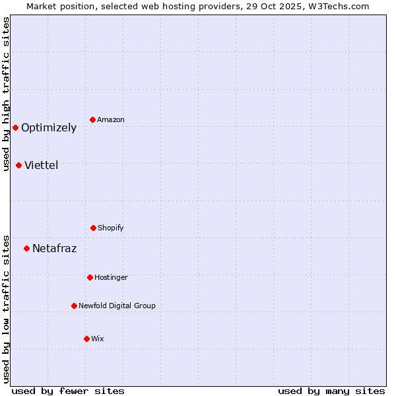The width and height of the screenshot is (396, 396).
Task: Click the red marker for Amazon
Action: coord(93,119)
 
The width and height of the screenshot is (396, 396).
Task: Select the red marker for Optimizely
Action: coord(15,127)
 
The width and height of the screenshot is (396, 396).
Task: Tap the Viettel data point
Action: coord(18,165)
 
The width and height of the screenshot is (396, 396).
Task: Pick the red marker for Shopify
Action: coord(93,228)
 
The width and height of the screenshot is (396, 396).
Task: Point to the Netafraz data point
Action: coord(26,248)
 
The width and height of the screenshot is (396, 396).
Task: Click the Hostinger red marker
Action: coord(90,277)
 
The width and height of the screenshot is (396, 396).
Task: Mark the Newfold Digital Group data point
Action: coord(74,306)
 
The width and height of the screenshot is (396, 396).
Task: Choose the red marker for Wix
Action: coord(86,339)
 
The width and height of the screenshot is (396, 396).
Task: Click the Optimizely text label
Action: coord(49,128)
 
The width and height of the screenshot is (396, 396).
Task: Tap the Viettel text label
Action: coord(42,165)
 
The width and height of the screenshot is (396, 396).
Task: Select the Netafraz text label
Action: coord(54,249)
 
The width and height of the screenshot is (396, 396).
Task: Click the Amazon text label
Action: coord(111,120)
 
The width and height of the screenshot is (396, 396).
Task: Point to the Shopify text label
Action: coord(111,228)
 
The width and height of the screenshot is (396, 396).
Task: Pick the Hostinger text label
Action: coord(111,278)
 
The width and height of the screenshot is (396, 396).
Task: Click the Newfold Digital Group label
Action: coord(117,306)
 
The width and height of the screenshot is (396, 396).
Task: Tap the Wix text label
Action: coord(98,339)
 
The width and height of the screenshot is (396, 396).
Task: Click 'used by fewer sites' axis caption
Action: coord(68,391)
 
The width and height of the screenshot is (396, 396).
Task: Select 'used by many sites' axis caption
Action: coord(331,391)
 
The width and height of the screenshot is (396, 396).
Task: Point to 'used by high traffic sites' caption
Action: coord(7,94)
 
